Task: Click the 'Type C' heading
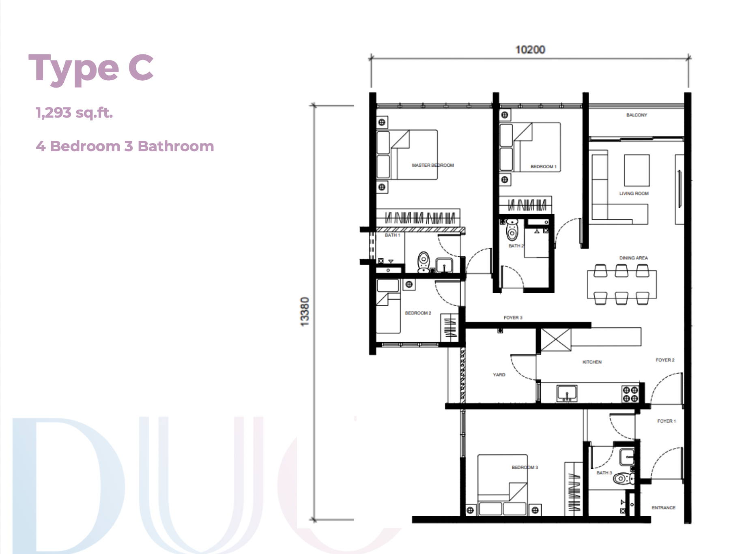click(91, 69)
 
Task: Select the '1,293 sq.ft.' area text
click(74, 112)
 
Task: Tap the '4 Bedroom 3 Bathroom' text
click(125, 146)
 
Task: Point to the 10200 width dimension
click(530, 49)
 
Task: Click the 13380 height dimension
click(305, 312)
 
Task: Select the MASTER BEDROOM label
click(433, 165)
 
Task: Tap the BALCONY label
click(637, 115)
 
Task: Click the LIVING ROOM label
click(634, 193)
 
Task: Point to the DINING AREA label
click(633, 258)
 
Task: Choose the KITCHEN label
click(592, 362)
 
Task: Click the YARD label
click(499, 375)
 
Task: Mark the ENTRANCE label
click(663, 508)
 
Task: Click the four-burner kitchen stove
click(630, 394)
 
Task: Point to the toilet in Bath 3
click(622, 479)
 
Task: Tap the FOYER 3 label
click(513, 318)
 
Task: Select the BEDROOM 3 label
click(525, 467)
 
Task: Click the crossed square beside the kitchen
click(556, 339)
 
